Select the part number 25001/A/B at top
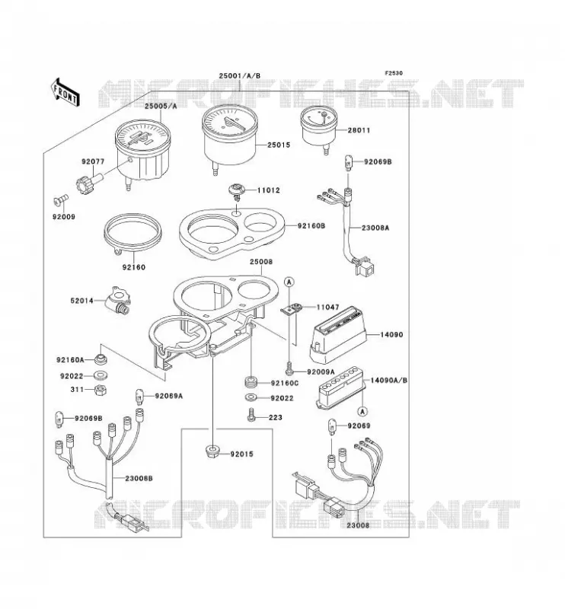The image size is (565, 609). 239,75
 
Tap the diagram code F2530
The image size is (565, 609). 394,72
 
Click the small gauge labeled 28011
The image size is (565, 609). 318,128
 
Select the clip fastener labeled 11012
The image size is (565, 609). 235,191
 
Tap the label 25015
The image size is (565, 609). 279,145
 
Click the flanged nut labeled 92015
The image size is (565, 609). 212,452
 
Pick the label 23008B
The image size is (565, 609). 139,478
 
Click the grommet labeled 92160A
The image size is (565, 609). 101,359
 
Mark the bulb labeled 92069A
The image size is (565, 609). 139,396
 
